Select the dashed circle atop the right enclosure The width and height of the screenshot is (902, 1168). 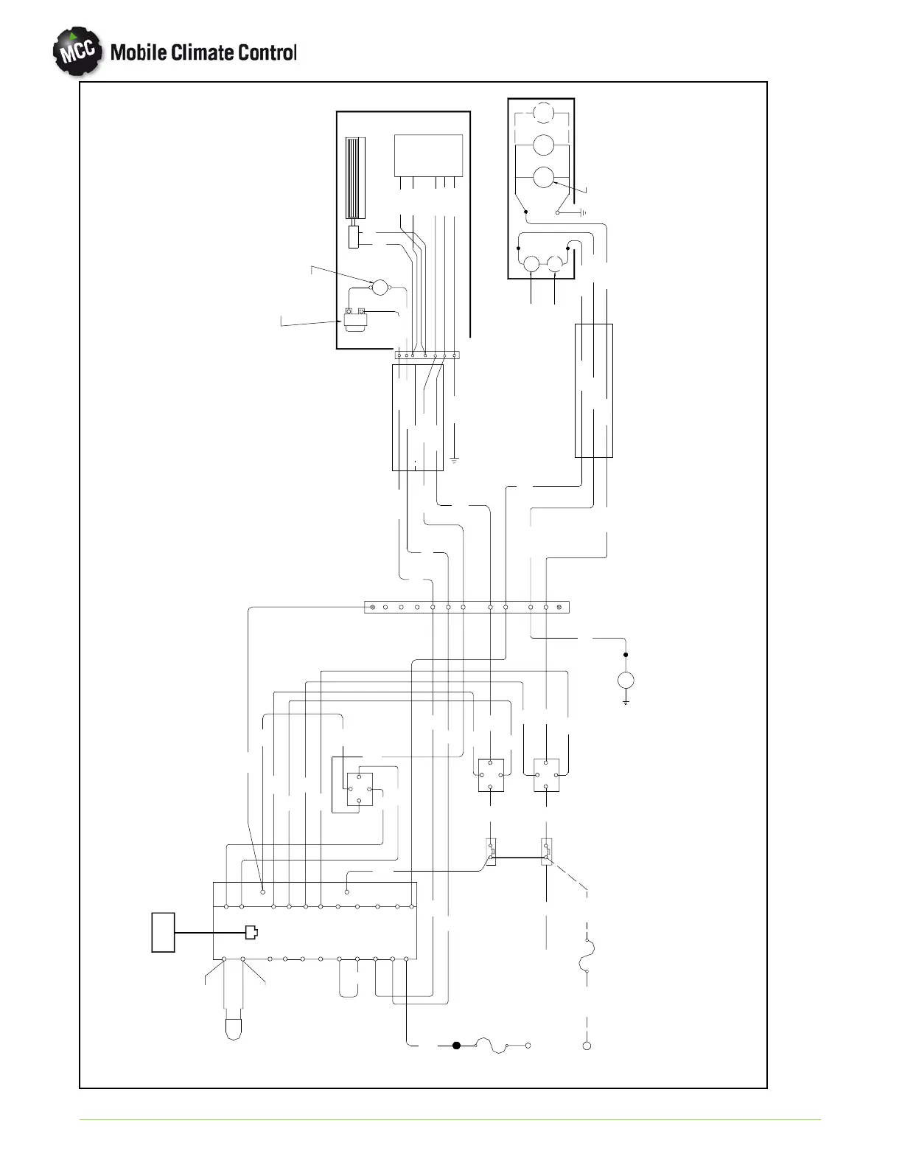(543, 113)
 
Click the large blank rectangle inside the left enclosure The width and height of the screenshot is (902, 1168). (428, 155)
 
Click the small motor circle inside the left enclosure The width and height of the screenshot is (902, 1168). (380, 288)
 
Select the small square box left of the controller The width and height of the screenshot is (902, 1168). (163, 932)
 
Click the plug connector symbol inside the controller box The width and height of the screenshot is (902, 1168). (251, 932)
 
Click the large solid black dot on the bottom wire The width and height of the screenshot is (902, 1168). (456, 1045)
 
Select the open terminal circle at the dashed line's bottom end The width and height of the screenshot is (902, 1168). (587, 1046)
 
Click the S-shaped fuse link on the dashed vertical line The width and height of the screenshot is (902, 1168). (587, 956)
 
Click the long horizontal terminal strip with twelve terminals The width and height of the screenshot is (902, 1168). (466, 608)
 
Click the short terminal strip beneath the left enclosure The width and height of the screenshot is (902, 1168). (427, 355)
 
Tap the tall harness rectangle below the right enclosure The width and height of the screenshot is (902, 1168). (593, 390)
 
